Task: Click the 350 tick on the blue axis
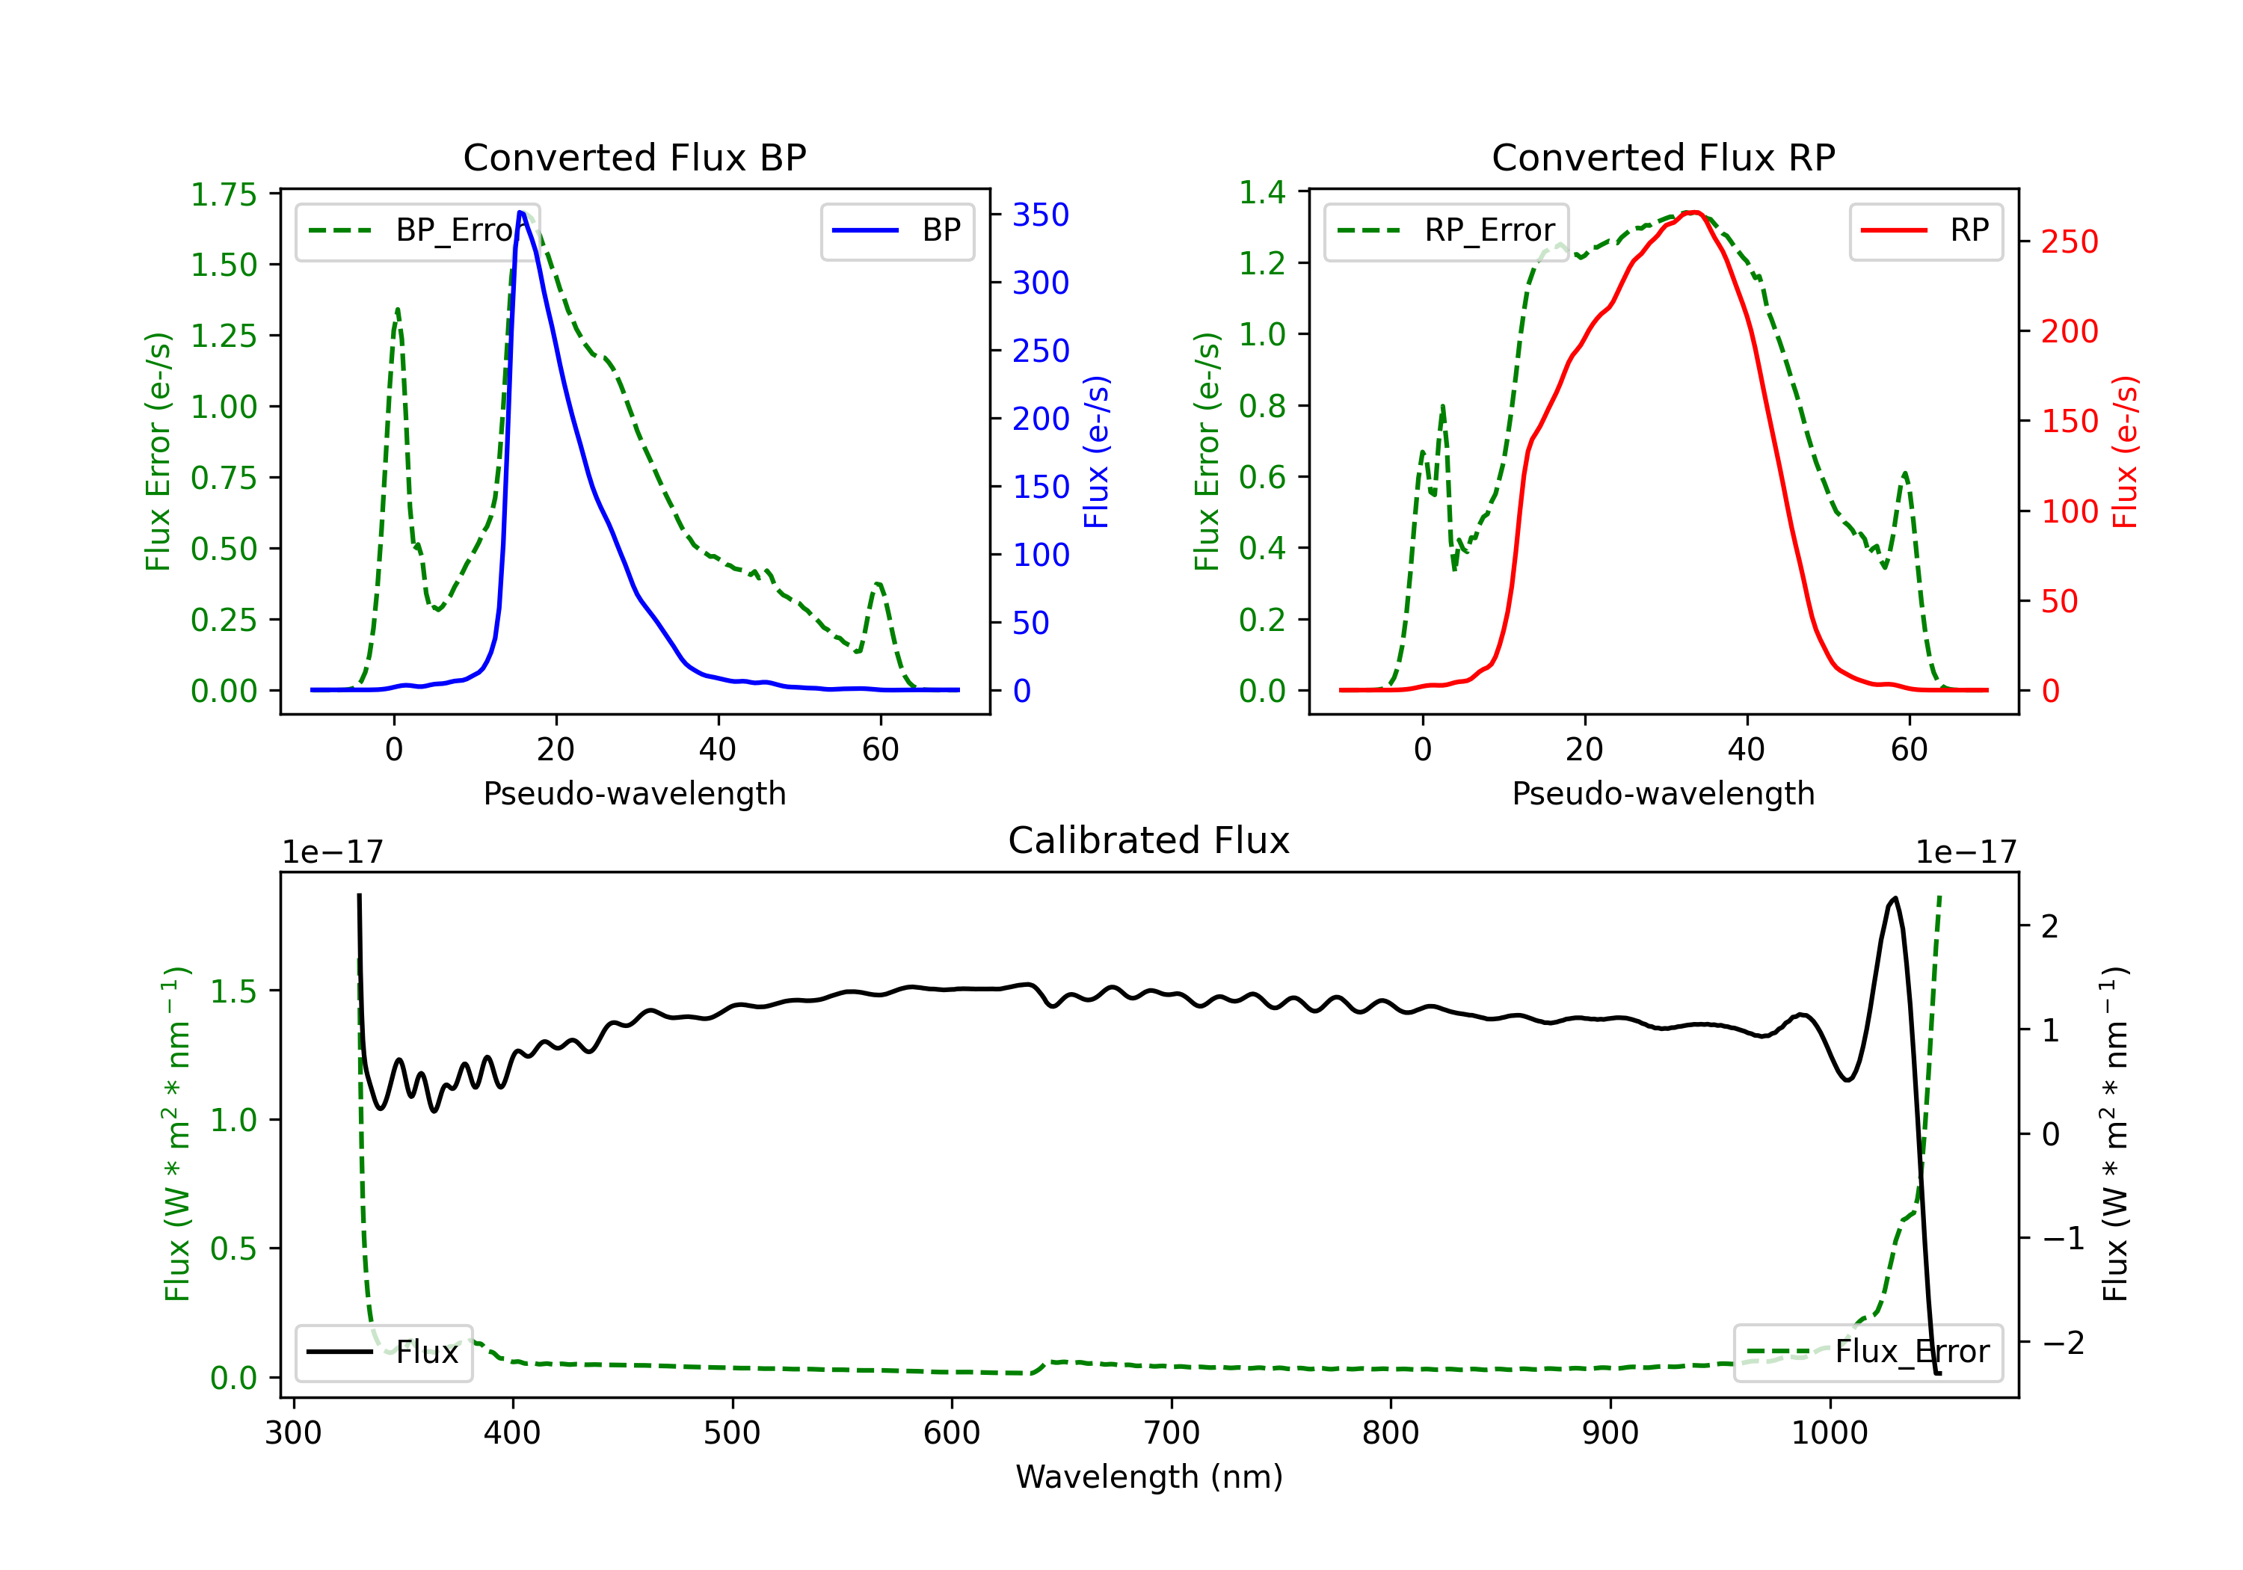1039,215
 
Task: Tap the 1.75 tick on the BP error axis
224,194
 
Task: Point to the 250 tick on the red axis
2069,241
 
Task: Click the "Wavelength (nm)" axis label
1149,1477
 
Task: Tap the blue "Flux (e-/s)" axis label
1096,452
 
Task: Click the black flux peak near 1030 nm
1895,898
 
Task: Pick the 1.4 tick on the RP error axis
1262,192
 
